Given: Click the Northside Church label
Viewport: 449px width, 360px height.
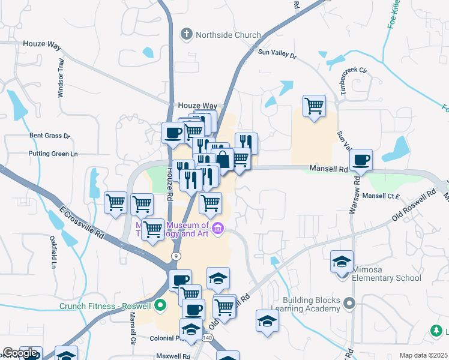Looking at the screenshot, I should point(228,35).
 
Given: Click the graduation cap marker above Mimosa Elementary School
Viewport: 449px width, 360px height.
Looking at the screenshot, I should point(342,262).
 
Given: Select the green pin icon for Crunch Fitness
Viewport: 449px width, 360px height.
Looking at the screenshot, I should point(160,305).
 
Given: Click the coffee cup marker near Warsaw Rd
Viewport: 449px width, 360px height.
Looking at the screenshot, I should point(361,160).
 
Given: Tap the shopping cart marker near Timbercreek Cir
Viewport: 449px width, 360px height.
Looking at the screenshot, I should point(314,107).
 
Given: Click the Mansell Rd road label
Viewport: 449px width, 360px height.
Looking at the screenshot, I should point(329,169).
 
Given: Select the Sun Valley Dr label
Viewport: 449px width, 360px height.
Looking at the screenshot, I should point(277,53).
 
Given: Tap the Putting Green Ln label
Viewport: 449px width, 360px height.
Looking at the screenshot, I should point(53,154).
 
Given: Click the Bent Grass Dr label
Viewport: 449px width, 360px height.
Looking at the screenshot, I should point(50,136).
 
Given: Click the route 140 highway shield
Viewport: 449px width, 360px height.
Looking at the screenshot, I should point(208,338).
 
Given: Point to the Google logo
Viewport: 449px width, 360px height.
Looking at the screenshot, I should point(20,353).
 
